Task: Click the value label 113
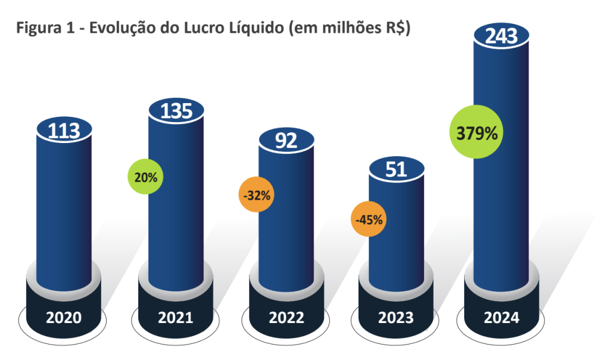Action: (x=64, y=131)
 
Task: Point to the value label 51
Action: (x=396, y=170)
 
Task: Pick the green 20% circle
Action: (x=145, y=177)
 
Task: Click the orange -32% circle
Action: (x=256, y=195)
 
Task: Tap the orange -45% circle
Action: (x=369, y=219)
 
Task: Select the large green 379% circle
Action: (x=476, y=132)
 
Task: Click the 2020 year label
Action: (x=64, y=318)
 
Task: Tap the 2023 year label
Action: (x=396, y=318)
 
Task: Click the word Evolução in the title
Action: (x=122, y=29)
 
